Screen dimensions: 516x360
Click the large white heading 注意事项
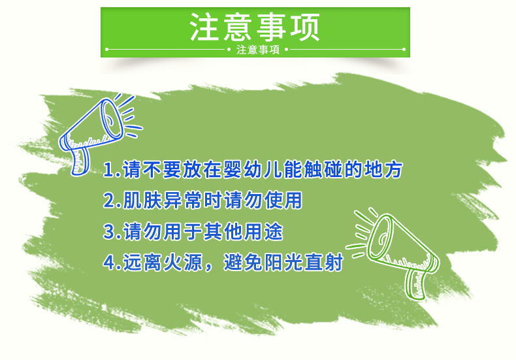255,27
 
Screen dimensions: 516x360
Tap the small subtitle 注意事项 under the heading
258,50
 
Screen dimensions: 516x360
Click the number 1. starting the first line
112,170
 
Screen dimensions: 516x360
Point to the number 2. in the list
112,201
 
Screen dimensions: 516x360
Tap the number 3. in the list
112,231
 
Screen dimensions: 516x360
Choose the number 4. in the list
112,262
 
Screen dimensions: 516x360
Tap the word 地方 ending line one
383,170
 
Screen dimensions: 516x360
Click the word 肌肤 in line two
142,201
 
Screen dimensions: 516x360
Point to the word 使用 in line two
283,201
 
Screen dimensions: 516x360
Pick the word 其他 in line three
223,231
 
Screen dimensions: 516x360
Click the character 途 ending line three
273,231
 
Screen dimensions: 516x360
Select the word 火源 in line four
183,262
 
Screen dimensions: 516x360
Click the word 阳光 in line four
283,262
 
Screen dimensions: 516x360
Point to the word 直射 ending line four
323,262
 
